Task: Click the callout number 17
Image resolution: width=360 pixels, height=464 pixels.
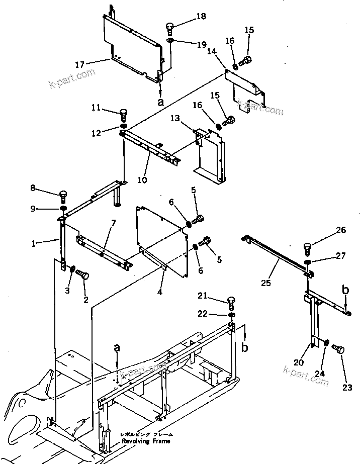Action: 79,64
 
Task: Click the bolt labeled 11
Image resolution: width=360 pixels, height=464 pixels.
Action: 124,114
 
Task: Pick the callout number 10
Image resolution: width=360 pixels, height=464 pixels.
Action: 143,179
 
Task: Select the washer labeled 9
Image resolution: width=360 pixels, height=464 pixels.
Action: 63,208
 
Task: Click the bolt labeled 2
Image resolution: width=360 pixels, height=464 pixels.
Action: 83,275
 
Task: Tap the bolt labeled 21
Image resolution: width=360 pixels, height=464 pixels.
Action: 231,302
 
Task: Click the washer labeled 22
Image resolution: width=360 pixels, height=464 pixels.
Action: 231,315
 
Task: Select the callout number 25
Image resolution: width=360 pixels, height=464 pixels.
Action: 266,284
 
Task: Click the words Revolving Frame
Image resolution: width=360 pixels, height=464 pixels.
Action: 146,441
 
